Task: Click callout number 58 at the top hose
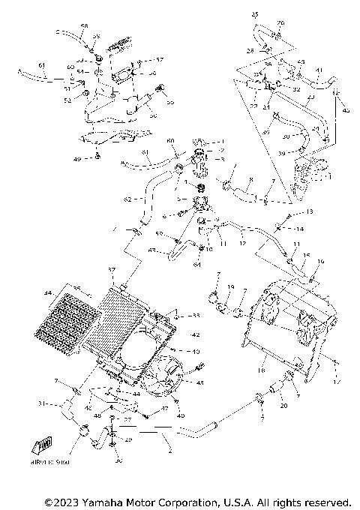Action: click(x=84, y=26)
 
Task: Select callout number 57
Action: click(x=159, y=59)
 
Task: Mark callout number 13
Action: click(x=289, y=213)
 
